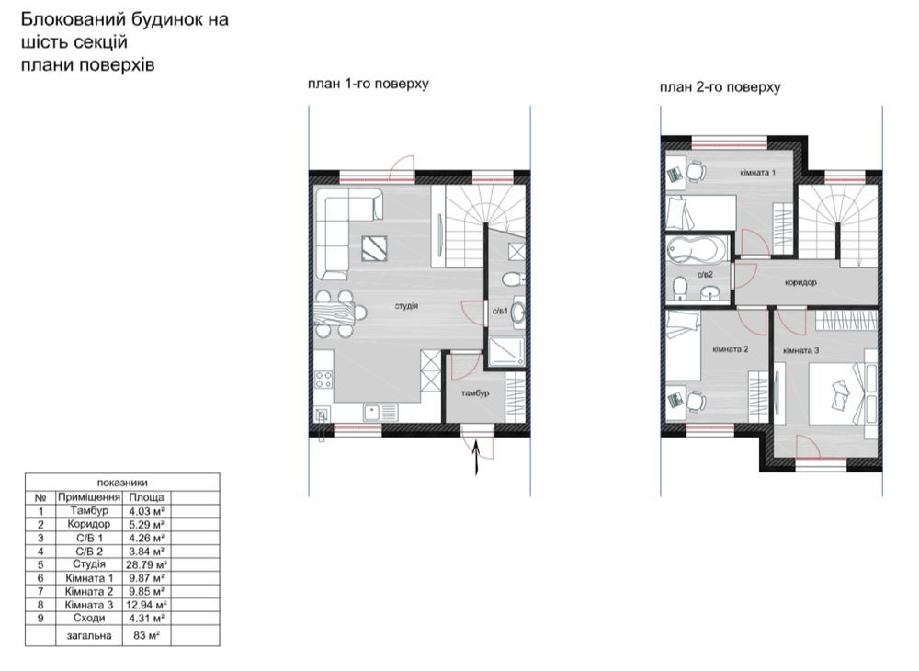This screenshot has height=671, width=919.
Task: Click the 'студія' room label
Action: [406, 306]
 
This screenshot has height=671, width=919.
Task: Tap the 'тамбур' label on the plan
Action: [475, 392]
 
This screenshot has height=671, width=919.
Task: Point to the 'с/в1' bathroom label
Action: [500, 311]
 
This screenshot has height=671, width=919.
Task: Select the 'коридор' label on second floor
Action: [800, 282]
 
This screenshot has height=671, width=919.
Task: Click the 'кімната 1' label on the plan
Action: [758, 172]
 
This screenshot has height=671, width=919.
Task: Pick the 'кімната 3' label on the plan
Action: [801, 350]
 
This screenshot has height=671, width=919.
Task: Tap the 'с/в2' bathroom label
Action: [705, 274]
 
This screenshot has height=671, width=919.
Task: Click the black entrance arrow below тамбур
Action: [476, 456]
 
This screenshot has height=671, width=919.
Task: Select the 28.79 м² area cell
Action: [146, 565]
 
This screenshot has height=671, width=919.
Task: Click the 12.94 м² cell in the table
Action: [146, 605]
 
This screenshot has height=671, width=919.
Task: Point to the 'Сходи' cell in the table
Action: [89, 619]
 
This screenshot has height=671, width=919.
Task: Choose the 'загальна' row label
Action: [89, 635]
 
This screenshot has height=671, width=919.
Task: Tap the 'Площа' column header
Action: [146, 497]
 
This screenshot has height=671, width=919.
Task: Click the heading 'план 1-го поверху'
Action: [369, 84]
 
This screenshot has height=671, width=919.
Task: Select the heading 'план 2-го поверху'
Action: [720, 87]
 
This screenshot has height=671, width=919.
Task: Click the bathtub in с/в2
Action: [697, 248]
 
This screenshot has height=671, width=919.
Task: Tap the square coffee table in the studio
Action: [374, 248]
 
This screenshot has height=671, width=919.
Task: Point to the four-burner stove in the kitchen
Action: [323, 379]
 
